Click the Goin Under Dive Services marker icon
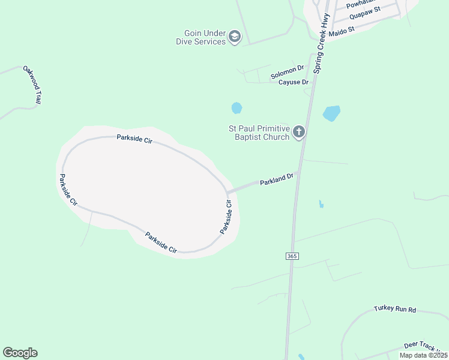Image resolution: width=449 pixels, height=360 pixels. coord(234,37)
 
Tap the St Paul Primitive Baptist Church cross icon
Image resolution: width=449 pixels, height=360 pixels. coord(298,133)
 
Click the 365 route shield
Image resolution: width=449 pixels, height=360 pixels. coord(292,256)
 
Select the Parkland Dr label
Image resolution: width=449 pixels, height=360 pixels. coord(276,179)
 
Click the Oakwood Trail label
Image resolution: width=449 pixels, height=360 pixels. coord(31,85)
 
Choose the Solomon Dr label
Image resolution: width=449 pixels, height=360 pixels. coord(288,73)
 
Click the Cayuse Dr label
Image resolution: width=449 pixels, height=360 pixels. coord(293,82)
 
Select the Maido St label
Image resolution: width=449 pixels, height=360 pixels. coord(343,28)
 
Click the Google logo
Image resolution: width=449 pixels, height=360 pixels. coord(20,353)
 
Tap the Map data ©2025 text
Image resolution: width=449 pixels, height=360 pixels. coord(423,355)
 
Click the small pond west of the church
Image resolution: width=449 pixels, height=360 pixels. coord(237,108)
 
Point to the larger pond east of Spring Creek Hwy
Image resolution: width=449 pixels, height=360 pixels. coord(331,113)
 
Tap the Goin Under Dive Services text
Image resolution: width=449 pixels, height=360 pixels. coord(200,37)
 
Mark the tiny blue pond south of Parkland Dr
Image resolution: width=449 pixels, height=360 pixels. coord(321,204)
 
